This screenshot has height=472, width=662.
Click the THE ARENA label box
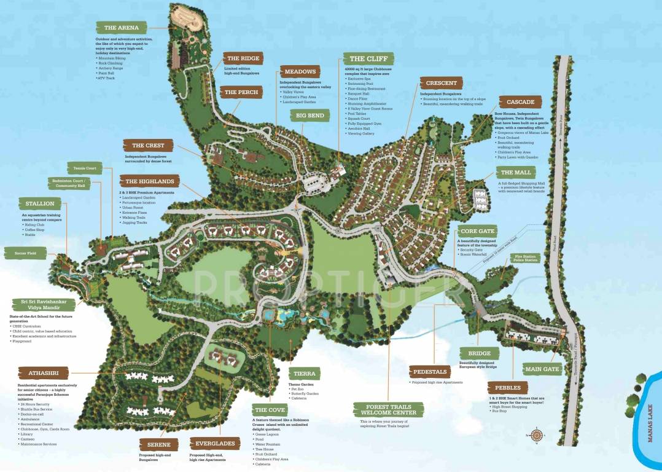click(122, 28)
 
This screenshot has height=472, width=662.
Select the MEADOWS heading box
click(300, 71)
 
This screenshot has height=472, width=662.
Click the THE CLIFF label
click(368, 59)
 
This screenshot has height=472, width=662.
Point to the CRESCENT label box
click(441, 83)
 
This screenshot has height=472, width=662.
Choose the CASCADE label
click(520, 102)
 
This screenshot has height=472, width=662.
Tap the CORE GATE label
click(477, 231)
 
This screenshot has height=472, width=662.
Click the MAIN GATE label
click(542, 369)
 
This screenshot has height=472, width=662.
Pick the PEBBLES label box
click(508, 388)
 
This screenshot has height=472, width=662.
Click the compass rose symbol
click(536, 436)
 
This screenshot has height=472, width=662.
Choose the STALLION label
click(40, 203)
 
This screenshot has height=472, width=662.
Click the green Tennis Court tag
click(85, 168)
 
